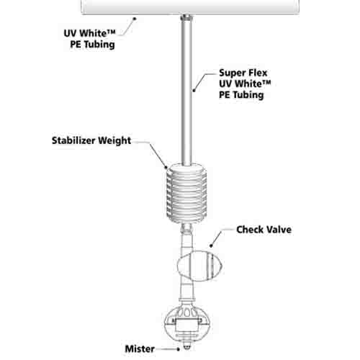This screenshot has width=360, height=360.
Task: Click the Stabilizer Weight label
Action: pyautogui.click(x=91, y=140)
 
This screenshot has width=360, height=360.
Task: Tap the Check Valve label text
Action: pyautogui.click(x=264, y=230)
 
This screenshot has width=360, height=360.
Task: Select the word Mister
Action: pyautogui.click(x=140, y=349)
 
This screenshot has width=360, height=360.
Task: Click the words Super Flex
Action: pyautogui.click(x=243, y=73)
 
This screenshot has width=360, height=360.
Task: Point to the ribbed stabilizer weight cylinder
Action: pyautogui.click(x=186, y=193)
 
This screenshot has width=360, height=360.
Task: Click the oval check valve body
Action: pyautogui.click(x=199, y=266)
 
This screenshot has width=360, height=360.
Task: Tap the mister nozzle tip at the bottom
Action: pyautogui.click(x=186, y=347)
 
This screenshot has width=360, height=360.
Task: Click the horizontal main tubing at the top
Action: pyautogui.click(x=190, y=6)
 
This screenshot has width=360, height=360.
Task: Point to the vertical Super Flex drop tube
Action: pyautogui.click(x=186, y=92)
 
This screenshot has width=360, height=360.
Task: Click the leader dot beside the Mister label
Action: pyautogui.click(x=178, y=349)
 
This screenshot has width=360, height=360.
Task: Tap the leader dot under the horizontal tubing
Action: pyautogui.click(x=135, y=18)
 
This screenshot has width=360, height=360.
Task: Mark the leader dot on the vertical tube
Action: pyautogui.click(x=194, y=91)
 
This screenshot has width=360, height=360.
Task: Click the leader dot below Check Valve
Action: pyautogui.click(x=211, y=246)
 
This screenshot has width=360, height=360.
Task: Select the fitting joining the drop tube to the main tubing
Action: pyautogui.click(x=186, y=17)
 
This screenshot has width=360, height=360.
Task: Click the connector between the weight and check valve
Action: pyautogui.click(x=186, y=229)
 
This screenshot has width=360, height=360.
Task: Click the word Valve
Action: pyautogui.click(x=279, y=230)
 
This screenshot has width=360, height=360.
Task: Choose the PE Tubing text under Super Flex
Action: pyautogui.click(x=241, y=95)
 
